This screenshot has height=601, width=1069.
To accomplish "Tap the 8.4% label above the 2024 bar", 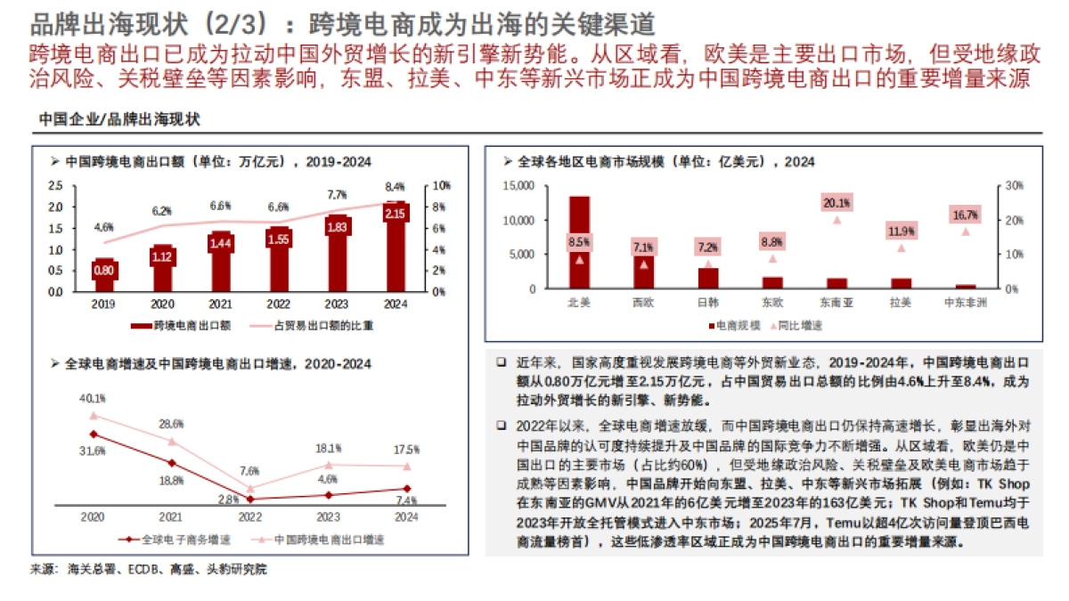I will click(x=395, y=187).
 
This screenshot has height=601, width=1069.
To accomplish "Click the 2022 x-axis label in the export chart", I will click(x=277, y=304).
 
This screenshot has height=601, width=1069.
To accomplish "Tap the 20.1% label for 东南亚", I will click(x=837, y=203).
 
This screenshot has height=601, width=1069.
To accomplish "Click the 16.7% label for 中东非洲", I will click(x=966, y=215).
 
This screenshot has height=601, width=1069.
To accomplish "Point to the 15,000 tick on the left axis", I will click(x=518, y=186).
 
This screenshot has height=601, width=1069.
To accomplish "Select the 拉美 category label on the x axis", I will click(x=902, y=303).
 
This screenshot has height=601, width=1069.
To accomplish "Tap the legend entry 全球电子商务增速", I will click(x=190, y=539).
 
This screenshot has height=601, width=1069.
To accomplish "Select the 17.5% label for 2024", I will click(x=406, y=448).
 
